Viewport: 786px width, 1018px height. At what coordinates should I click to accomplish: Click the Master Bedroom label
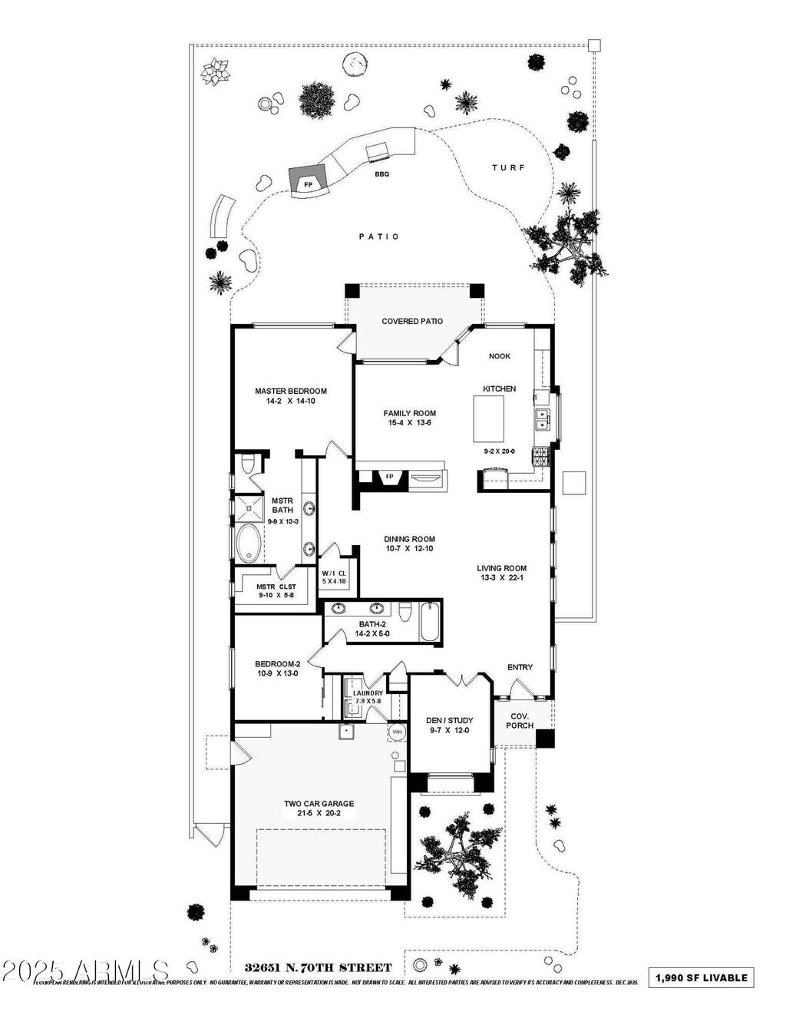291,391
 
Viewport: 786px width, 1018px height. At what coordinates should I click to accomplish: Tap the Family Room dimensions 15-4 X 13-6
409,422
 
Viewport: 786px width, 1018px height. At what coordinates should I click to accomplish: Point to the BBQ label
381,174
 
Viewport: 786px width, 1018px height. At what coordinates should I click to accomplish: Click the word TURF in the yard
508,167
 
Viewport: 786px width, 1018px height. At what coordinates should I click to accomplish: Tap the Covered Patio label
412,321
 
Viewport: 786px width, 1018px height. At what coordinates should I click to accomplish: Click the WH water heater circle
398,732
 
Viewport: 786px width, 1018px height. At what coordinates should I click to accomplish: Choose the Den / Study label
449,720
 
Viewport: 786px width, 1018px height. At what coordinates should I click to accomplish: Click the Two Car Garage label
319,804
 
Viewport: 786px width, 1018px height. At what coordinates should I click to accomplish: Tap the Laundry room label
368,693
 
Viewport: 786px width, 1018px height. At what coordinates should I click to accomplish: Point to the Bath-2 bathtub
430,621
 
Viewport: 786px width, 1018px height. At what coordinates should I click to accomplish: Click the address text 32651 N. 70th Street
318,968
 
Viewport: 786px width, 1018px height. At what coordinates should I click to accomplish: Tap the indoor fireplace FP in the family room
389,477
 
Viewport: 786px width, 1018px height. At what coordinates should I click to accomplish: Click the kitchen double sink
542,419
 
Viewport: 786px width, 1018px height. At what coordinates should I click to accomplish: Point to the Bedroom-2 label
277,663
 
